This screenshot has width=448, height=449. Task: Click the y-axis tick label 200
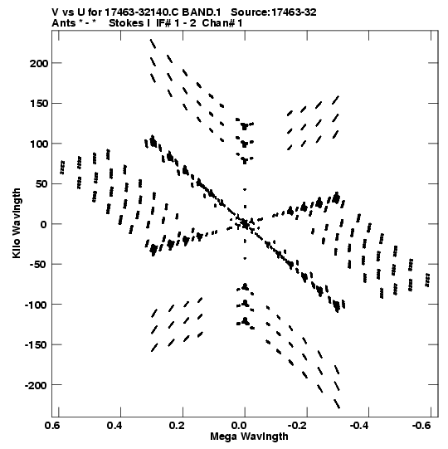click(x=39, y=63)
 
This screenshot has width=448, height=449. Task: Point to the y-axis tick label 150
click(x=39, y=104)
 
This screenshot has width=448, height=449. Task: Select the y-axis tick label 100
click(x=39, y=144)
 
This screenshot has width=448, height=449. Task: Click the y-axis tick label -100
click(x=36, y=305)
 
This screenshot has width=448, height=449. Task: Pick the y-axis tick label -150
click(x=36, y=345)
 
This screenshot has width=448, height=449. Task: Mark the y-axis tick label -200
click(x=36, y=385)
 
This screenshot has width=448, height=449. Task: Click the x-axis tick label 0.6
click(x=52, y=426)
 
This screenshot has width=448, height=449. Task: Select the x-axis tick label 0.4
click(x=114, y=426)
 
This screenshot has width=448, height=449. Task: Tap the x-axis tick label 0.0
click(x=238, y=426)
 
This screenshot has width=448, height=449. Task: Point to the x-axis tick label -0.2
click(x=298, y=426)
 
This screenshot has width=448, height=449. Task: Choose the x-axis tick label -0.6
click(x=422, y=426)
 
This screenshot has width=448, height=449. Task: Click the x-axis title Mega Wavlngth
click(x=249, y=437)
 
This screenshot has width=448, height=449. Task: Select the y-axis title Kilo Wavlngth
click(x=17, y=223)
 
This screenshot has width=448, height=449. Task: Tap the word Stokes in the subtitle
click(x=127, y=23)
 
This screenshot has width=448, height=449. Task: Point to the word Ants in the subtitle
click(x=64, y=23)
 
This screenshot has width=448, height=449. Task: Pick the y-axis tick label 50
click(x=41, y=184)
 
